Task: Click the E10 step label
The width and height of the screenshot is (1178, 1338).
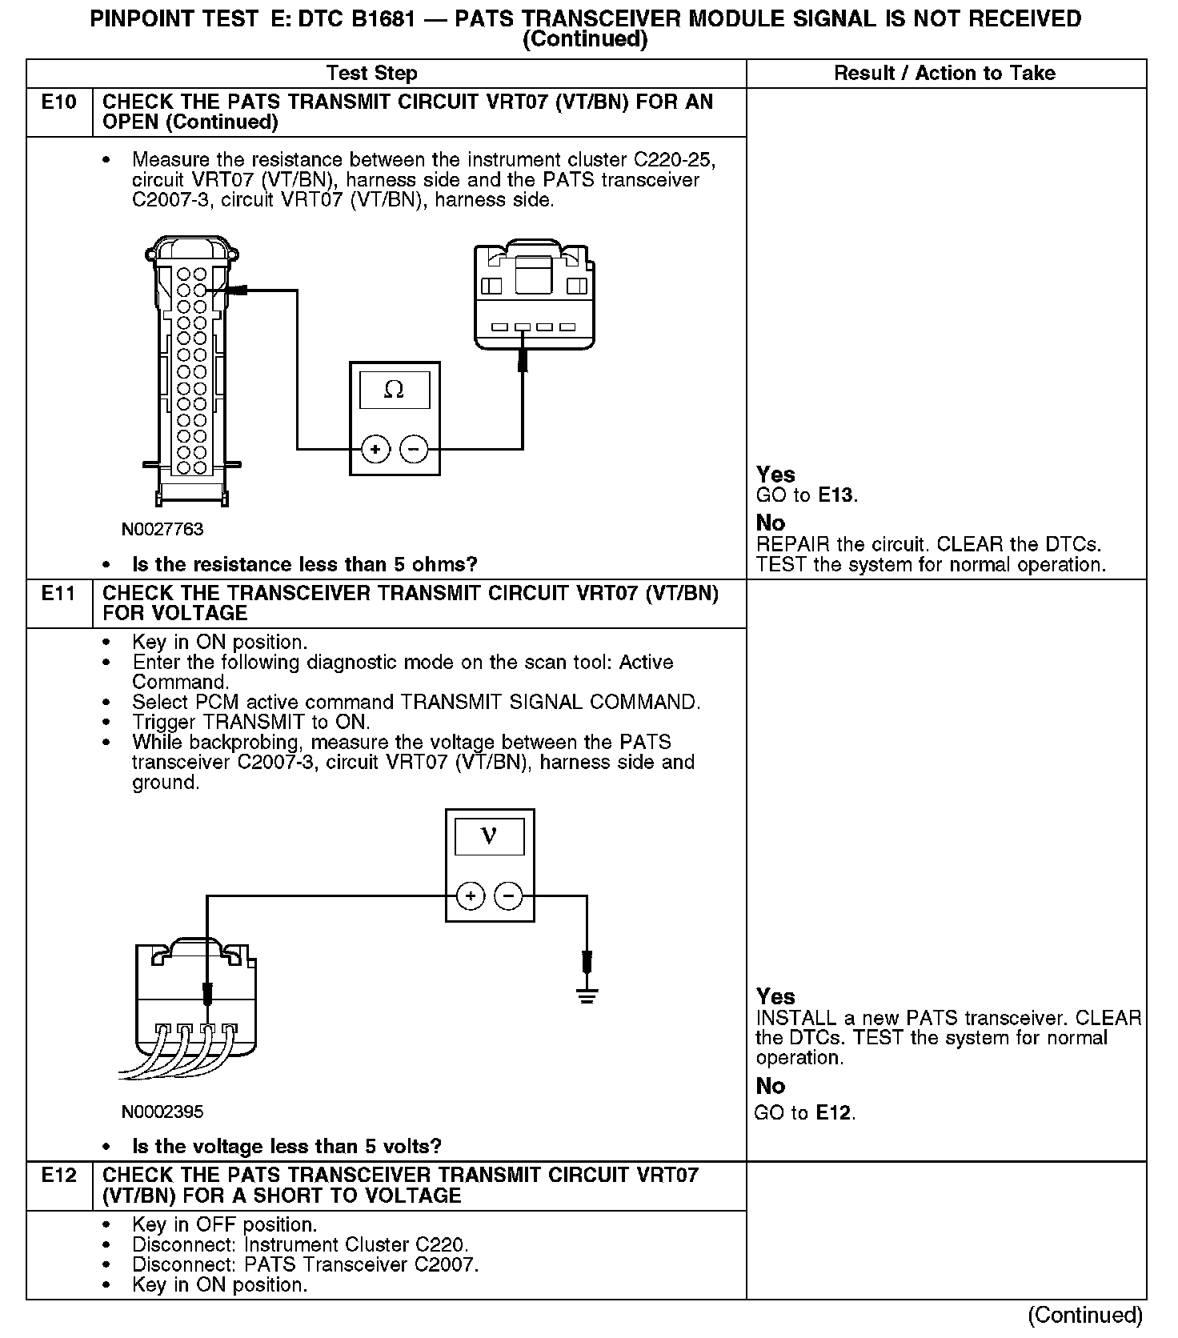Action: click(59, 102)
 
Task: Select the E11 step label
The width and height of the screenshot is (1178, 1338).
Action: click(59, 594)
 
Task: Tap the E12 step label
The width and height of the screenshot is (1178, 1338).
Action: click(59, 1176)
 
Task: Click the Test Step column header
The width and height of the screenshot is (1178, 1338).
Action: click(372, 74)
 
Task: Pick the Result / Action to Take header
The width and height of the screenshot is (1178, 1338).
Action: click(944, 74)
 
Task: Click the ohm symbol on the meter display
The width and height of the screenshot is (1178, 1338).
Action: click(394, 391)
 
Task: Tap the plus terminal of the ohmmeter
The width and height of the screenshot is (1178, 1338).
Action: click(375, 450)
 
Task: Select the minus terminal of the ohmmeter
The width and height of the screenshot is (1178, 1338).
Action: click(413, 450)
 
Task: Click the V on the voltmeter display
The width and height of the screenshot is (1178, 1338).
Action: click(489, 837)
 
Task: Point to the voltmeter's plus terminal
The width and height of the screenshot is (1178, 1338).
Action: click(471, 895)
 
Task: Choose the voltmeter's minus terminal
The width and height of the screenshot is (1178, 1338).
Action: click(509, 895)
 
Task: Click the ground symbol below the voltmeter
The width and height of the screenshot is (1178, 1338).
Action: click(587, 995)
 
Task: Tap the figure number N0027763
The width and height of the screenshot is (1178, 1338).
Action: click(162, 530)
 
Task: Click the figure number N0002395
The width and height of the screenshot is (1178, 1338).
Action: click(162, 1112)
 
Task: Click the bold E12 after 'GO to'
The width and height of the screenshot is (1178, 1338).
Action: click(834, 1113)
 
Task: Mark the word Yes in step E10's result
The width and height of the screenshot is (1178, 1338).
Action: click(775, 475)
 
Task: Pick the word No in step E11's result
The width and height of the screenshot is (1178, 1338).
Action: click(771, 1086)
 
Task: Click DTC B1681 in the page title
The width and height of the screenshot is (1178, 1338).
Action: click(356, 19)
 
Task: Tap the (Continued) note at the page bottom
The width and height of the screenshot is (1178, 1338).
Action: click(1085, 1315)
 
